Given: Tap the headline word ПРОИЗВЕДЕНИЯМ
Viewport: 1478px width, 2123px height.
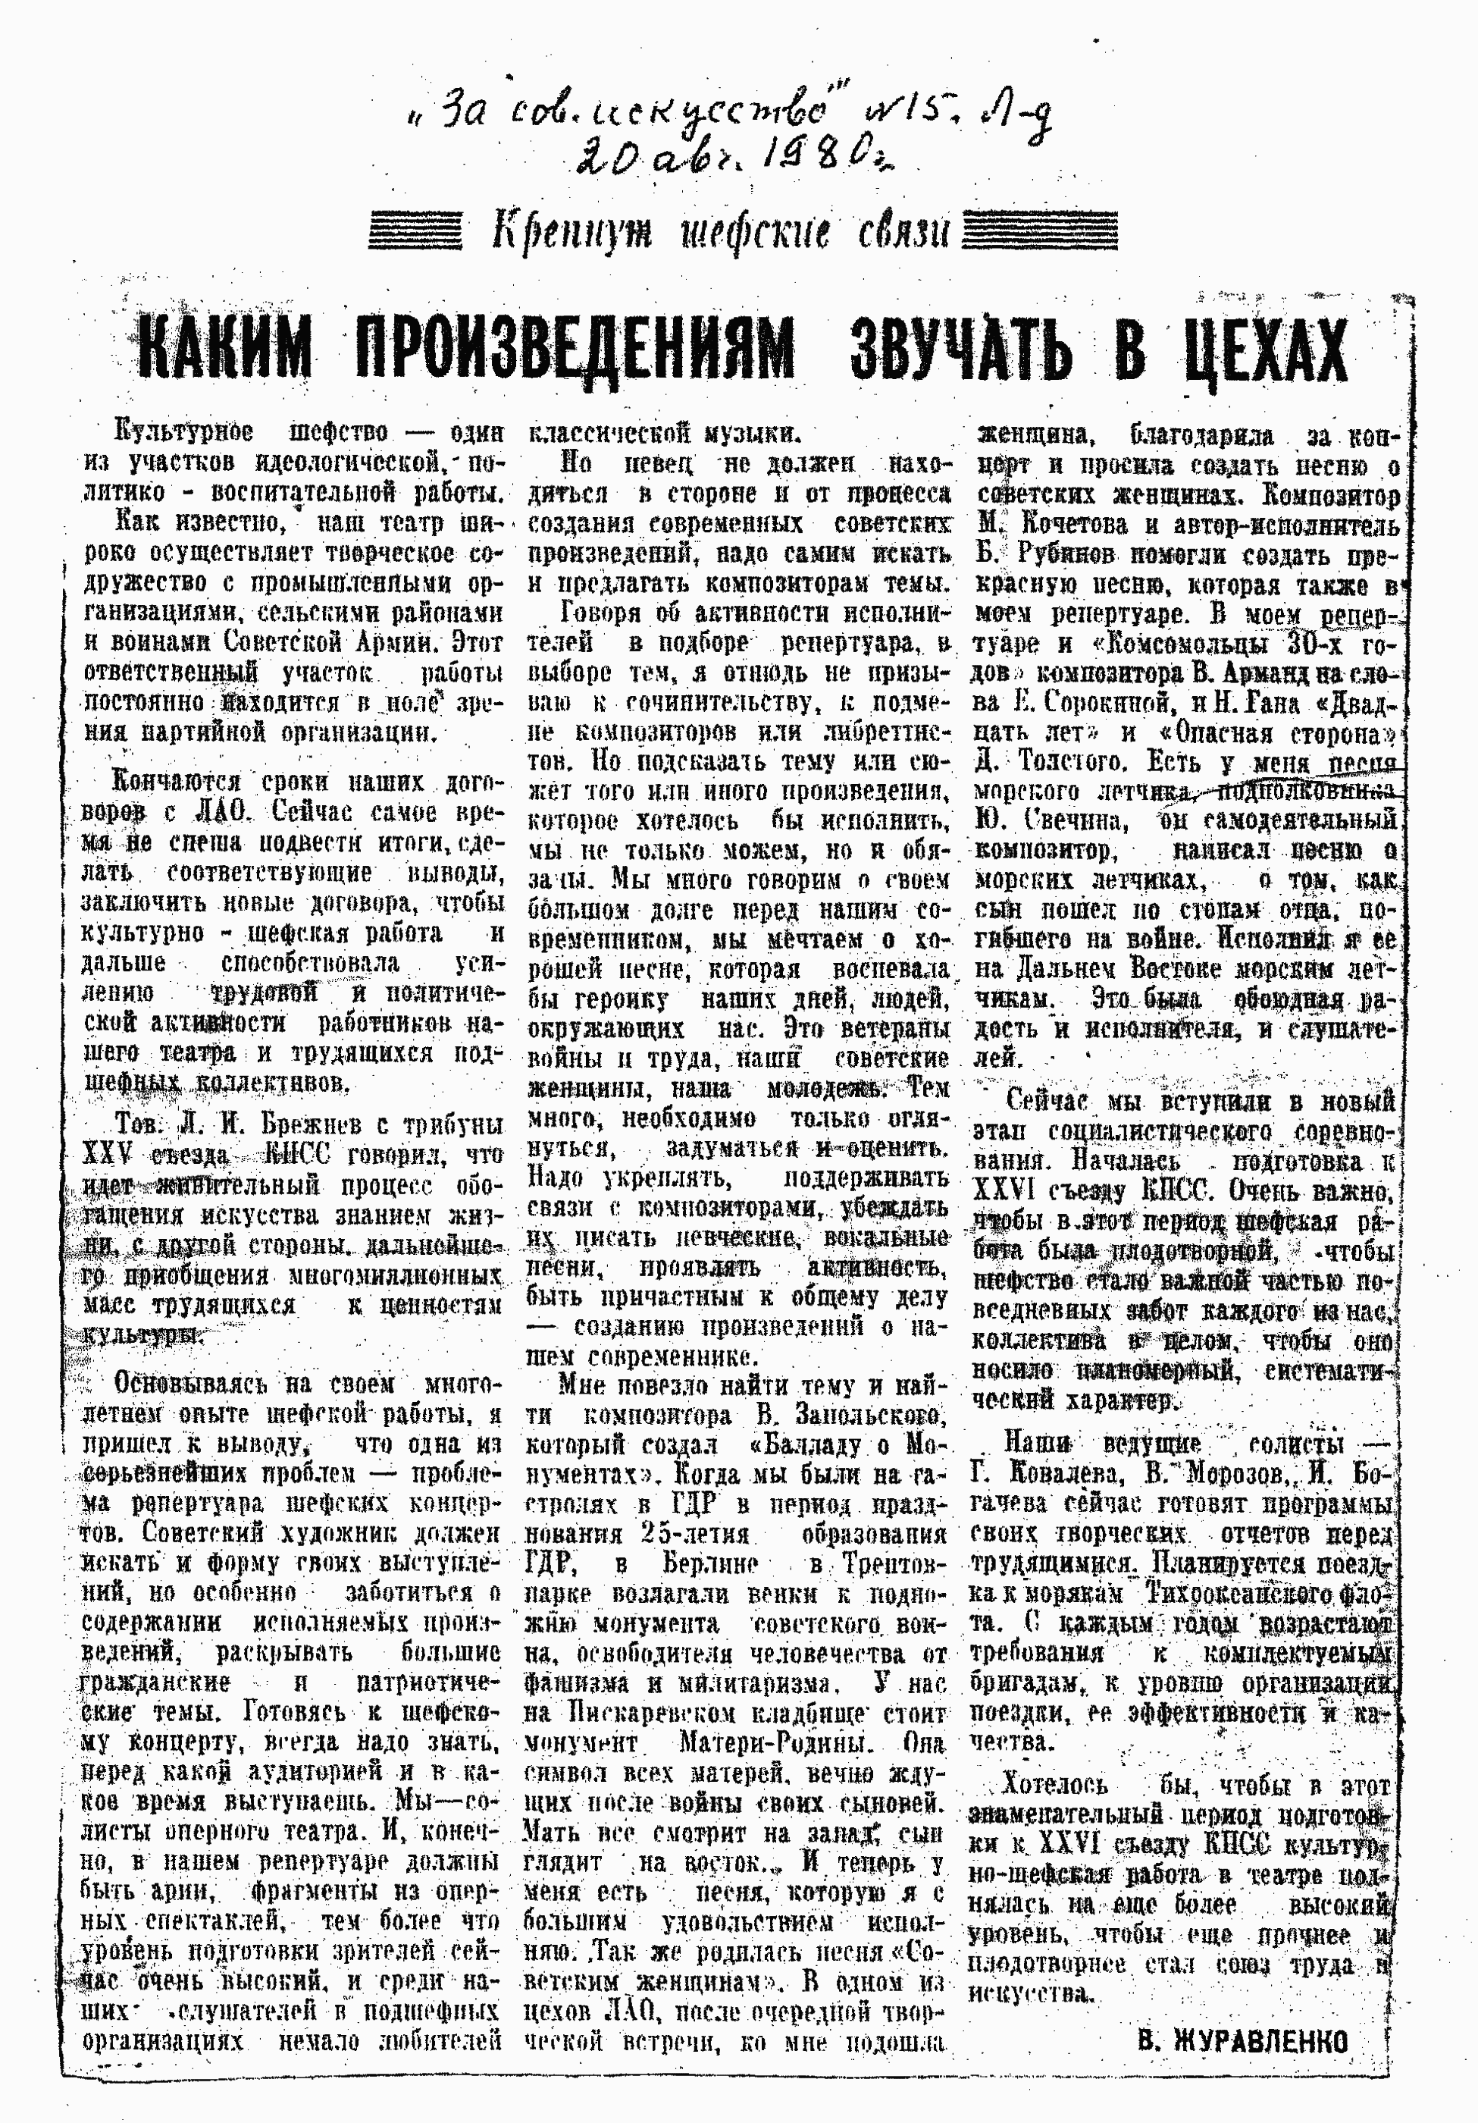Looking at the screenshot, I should coord(574,350).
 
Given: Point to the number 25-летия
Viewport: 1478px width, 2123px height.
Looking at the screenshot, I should coord(694,1534).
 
